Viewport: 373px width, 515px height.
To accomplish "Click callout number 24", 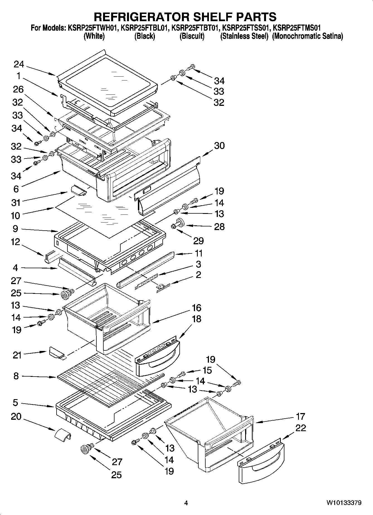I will pos(19,65).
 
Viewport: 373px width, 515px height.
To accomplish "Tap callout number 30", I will pos(219,146).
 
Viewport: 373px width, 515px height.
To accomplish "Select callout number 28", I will pos(219,226).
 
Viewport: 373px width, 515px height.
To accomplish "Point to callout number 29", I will pos(198,241).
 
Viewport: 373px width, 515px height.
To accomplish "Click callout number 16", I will pos(196,308).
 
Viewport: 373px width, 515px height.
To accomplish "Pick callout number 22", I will pos(301,428).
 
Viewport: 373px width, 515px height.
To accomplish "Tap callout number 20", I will pos(16,417).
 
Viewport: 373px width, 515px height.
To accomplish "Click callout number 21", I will pos(17,355).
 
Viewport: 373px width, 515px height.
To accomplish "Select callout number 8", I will pos(16,376).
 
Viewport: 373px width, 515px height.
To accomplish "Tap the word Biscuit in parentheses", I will pos(192,36).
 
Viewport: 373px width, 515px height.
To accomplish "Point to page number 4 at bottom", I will pos(186,503).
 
